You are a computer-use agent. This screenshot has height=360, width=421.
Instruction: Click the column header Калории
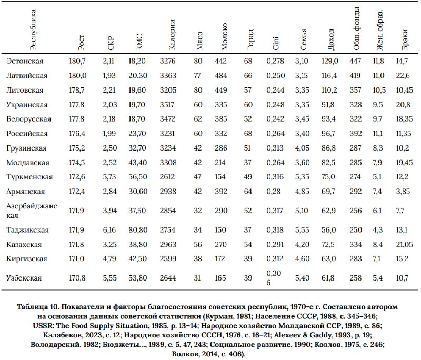(172, 35)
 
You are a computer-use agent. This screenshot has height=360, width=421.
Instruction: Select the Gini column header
(276, 43)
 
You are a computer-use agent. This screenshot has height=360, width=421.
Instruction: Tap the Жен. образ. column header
(379, 30)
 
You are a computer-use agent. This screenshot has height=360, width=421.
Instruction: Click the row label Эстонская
(25, 61)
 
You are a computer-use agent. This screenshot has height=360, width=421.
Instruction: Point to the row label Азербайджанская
(32, 211)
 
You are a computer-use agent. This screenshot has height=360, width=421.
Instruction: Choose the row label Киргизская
(27, 259)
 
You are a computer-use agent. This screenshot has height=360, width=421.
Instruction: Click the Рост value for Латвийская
(77, 75)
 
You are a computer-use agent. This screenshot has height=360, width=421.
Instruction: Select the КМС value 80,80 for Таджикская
(138, 230)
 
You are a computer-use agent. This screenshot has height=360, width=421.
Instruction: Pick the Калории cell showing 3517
(167, 104)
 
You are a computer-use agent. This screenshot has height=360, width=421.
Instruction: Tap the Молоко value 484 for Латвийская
(221, 75)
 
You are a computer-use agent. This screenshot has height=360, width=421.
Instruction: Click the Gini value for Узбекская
(274, 278)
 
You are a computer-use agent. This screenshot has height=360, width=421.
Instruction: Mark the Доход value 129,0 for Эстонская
(330, 61)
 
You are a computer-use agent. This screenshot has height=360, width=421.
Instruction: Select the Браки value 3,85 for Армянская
(403, 191)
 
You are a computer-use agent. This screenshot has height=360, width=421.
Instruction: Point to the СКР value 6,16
(109, 230)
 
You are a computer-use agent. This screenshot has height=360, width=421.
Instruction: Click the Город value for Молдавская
(247, 163)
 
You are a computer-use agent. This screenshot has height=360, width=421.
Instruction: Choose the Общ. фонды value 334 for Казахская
(356, 244)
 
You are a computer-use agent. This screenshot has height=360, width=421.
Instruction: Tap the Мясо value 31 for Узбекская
(197, 278)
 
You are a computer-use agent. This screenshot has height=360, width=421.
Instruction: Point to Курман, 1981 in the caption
(228, 316)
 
